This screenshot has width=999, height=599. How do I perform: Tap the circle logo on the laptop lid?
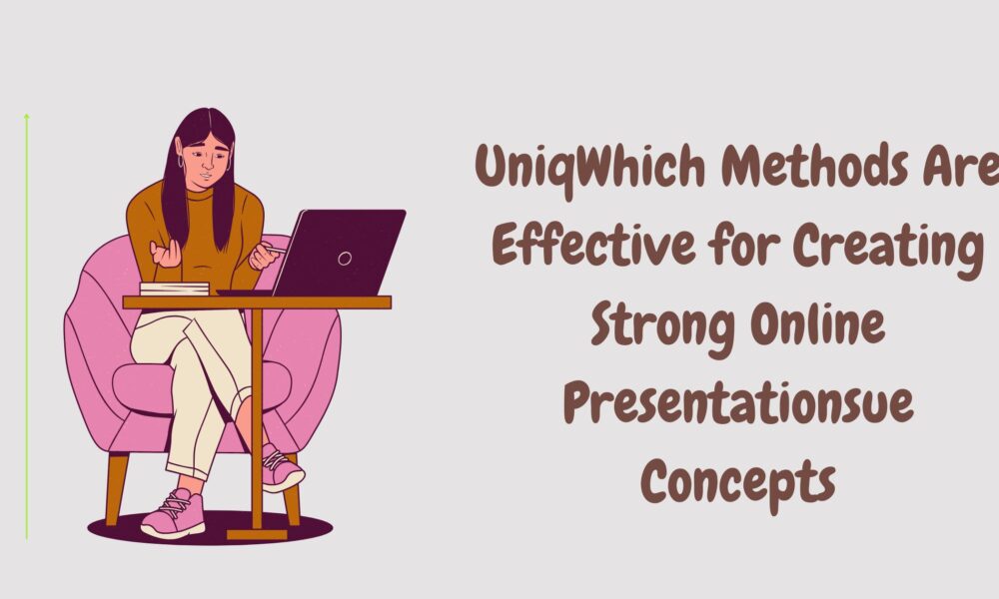point(345,259)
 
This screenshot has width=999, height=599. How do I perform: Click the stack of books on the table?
point(174,289)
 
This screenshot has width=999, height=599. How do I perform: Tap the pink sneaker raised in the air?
point(282,468)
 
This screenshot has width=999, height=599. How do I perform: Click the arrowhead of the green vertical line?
point(26,118)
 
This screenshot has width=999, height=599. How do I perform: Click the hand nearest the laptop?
point(264,256)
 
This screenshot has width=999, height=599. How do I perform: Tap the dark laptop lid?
point(350,250)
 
